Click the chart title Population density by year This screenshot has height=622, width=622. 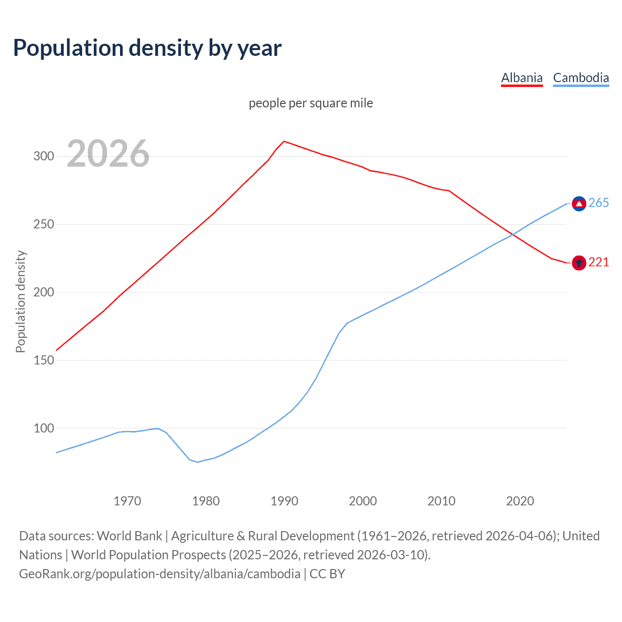point(147,48)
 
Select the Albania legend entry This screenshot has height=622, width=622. point(521,78)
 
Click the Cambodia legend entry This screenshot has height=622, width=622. point(581,78)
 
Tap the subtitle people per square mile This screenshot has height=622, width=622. point(311,103)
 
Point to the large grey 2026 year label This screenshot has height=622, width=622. point(108,154)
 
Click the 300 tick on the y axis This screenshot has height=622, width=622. point(43,156)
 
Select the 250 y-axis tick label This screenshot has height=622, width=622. point(43,225)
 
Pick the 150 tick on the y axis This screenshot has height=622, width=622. point(43,361)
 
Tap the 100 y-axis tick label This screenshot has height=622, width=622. point(43,429)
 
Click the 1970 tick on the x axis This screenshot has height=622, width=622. point(127,501)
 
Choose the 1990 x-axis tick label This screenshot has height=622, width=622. point(284,501)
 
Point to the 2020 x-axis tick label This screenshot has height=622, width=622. point(520,501)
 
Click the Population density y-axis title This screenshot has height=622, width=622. point(20,301)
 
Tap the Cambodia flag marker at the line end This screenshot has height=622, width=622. point(579,204)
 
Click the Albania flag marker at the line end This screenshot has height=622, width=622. point(579,263)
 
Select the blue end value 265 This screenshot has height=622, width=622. point(599,203)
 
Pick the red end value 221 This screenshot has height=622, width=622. point(599,262)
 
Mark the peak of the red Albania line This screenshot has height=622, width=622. point(284,141)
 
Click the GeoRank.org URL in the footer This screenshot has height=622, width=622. point(159,574)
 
